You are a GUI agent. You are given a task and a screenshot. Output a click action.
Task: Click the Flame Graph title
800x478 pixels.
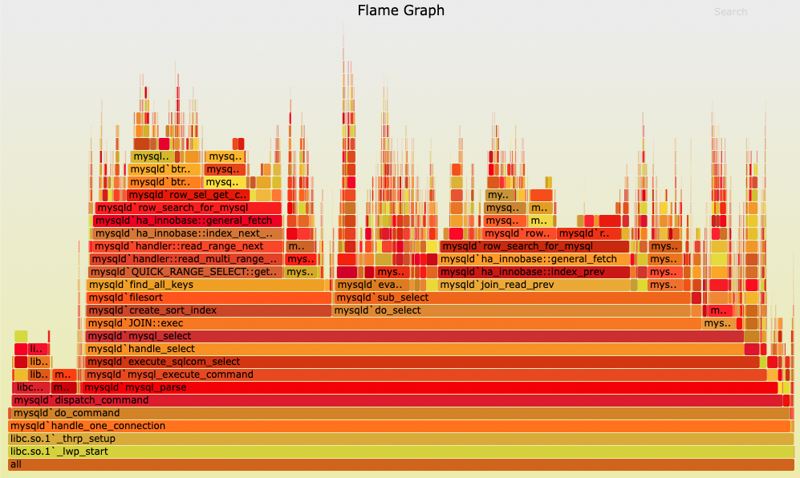pyautogui.click(x=400, y=10)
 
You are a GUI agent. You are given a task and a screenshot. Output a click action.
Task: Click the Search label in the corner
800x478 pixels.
pyautogui.click(x=730, y=12)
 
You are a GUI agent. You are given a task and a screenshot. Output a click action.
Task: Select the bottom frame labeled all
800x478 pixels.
pyautogui.click(x=400, y=464)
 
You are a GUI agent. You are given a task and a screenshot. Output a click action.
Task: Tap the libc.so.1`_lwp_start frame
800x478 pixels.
pyautogui.click(x=400, y=452)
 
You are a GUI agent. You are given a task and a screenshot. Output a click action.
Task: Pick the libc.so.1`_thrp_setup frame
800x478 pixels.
pyautogui.click(x=400, y=439)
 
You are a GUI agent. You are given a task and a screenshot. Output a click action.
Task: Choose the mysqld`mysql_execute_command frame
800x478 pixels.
pyautogui.click(x=425, y=375)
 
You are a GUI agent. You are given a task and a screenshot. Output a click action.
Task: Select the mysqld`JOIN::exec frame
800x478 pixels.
pyautogui.click(x=393, y=323)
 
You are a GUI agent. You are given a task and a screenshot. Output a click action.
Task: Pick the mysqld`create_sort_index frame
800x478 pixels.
pyautogui.click(x=209, y=310)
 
